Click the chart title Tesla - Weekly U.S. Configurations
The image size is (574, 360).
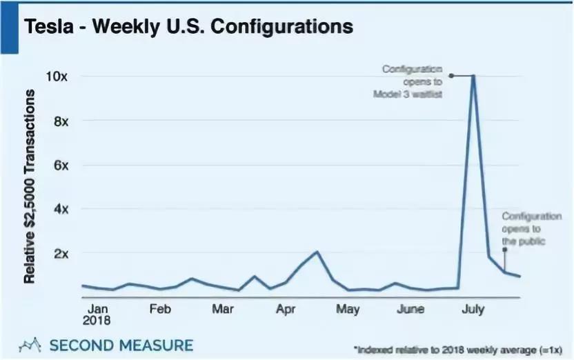coord(188,27)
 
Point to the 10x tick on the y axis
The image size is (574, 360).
coord(57,77)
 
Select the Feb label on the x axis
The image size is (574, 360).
coord(160,309)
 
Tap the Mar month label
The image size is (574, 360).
coord(222,309)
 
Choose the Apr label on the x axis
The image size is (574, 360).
coord(286,309)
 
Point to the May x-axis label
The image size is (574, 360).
coord(348,309)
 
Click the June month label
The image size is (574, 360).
coord(411,309)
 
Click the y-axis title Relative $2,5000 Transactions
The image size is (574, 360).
coord(30,187)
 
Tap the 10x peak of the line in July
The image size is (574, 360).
coord(473,75)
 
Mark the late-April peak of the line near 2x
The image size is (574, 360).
coord(317,252)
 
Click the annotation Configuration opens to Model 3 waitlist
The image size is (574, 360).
coord(413,81)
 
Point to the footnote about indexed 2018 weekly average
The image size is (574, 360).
coord(458,350)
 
